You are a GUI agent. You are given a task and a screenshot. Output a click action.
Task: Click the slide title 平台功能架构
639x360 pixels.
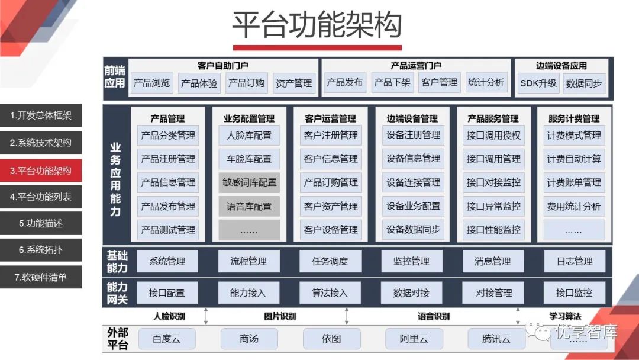[x=317, y=25]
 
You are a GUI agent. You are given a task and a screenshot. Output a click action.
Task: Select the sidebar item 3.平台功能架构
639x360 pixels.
[x=41, y=171]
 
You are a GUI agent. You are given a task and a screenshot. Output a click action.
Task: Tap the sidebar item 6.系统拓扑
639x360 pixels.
[x=41, y=250]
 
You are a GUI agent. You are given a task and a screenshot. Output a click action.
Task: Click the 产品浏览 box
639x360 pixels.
[x=151, y=83]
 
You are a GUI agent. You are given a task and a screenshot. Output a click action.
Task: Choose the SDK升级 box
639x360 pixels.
[x=538, y=83]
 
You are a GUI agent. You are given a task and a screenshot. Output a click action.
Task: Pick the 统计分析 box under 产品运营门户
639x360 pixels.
[x=486, y=83]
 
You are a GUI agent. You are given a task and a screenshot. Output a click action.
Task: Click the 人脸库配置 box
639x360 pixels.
[x=249, y=135]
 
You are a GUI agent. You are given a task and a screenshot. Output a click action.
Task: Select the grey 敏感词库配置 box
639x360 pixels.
[x=249, y=182]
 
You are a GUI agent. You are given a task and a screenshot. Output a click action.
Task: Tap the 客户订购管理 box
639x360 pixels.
[x=331, y=182]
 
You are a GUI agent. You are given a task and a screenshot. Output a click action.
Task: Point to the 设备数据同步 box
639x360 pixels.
[x=413, y=230]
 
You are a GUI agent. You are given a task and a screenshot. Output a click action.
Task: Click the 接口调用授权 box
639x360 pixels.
[x=493, y=135]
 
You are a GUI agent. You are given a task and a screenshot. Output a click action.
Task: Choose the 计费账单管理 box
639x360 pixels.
[x=574, y=182]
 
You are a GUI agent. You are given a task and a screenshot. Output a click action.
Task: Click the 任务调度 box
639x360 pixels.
[x=330, y=261]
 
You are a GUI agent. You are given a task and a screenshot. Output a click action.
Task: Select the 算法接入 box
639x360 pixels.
[x=330, y=292]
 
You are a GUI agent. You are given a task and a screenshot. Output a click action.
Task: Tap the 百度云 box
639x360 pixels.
[x=166, y=339]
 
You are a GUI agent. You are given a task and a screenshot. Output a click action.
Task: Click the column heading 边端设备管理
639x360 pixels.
[x=412, y=118]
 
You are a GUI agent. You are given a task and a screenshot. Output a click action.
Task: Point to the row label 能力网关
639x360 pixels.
[x=117, y=293]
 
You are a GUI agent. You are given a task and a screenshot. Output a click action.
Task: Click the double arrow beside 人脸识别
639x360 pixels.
[x=206, y=316]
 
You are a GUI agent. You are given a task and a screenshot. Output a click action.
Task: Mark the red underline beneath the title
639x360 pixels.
[x=317, y=47]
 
